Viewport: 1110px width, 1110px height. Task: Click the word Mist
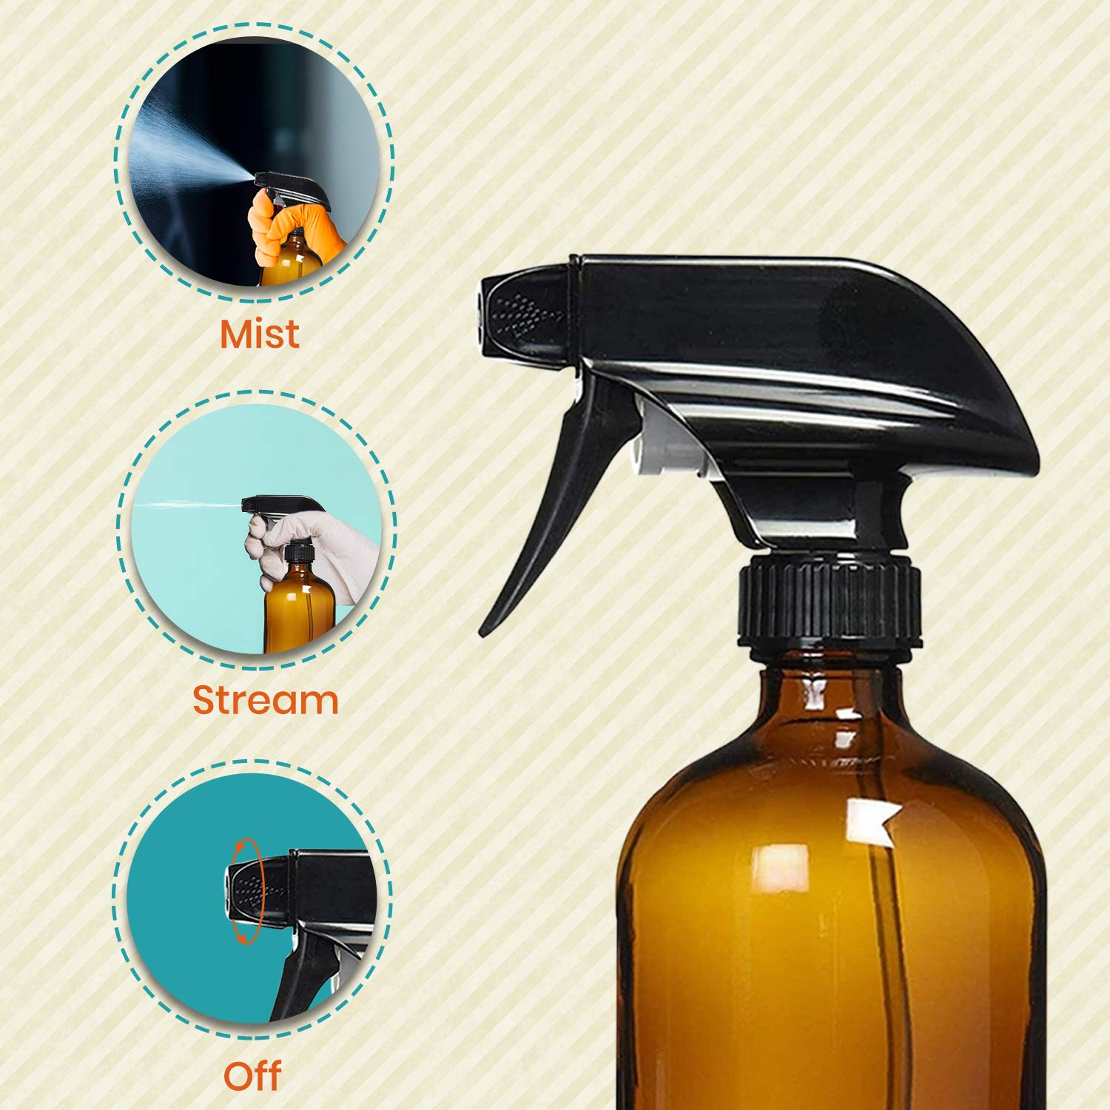(x=260, y=334)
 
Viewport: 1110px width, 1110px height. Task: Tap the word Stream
(x=266, y=699)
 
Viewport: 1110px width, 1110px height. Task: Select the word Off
(x=252, y=1076)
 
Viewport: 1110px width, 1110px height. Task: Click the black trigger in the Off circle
(x=296, y=977)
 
